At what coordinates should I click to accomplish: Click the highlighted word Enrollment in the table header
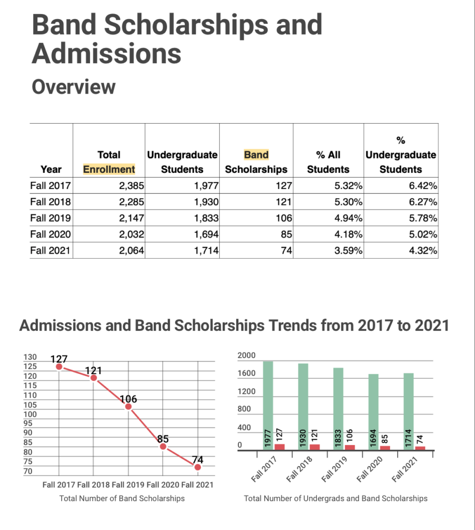(x=109, y=169)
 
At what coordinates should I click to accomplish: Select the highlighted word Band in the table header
(x=256, y=154)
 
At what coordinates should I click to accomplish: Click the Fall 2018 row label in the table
(x=50, y=201)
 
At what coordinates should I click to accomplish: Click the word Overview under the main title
(x=73, y=86)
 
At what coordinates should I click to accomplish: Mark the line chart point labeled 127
(x=59, y=366)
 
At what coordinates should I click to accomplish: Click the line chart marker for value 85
(x=163, y=446)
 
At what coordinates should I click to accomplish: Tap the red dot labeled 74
(x=197, y=467)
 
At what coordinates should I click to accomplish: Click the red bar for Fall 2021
(x=420, y=448)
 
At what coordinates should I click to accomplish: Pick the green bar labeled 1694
(x=373, y=411)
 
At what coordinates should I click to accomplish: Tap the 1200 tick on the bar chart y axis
(x=247, y=391)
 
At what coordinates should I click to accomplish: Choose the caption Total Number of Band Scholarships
(x=122, y=498)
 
